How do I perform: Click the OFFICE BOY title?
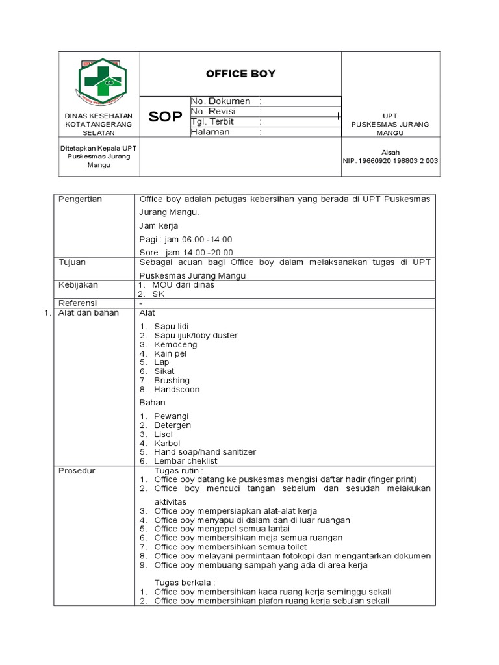click(240, 74)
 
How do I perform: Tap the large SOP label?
click(166, 117)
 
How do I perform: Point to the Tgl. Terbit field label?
click(213, 121)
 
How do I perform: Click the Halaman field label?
click(211, 132)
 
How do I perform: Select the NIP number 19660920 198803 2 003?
click(390, 161)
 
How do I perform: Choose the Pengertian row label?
click(81, 199)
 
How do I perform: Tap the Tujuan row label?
click(72, 262)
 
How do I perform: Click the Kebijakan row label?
click(78, 284)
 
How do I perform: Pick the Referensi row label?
click(77, 303)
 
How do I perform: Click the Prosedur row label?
click(77, 470)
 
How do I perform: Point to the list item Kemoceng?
click(175, 345)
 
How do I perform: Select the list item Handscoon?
click(177, 390)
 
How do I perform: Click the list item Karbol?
click(167, 443)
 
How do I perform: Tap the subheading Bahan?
click(152, 403)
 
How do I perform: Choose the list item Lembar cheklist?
click(186, 461)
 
